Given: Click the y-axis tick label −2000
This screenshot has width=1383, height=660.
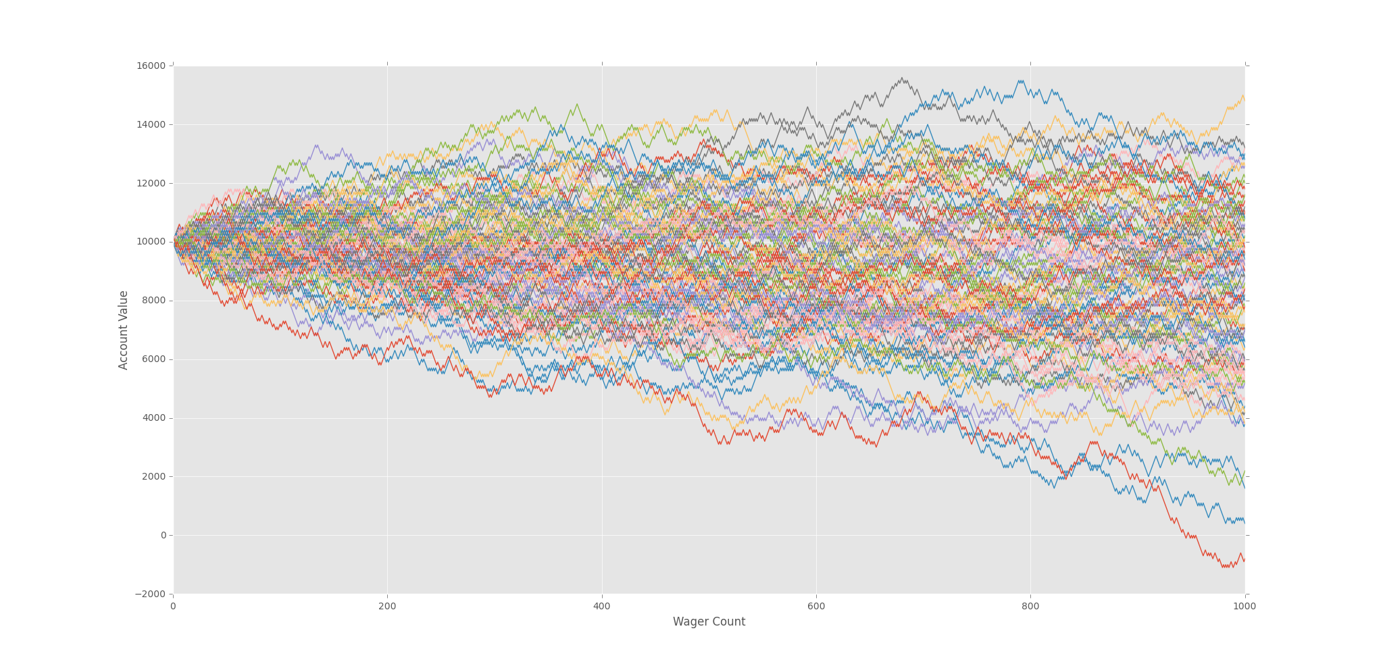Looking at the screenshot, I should (151, 594).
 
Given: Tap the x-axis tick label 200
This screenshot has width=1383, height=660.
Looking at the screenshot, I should (387, 607).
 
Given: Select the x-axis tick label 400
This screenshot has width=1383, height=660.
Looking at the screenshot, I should (601, 607).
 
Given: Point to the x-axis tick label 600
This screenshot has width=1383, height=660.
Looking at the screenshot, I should (816, 607).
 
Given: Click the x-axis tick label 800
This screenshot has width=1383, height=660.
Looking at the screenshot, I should (1030, 607).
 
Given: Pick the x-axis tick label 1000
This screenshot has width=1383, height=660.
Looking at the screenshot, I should (1244, 607).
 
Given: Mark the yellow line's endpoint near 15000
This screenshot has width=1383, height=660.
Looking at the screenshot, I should (1244, 98).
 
